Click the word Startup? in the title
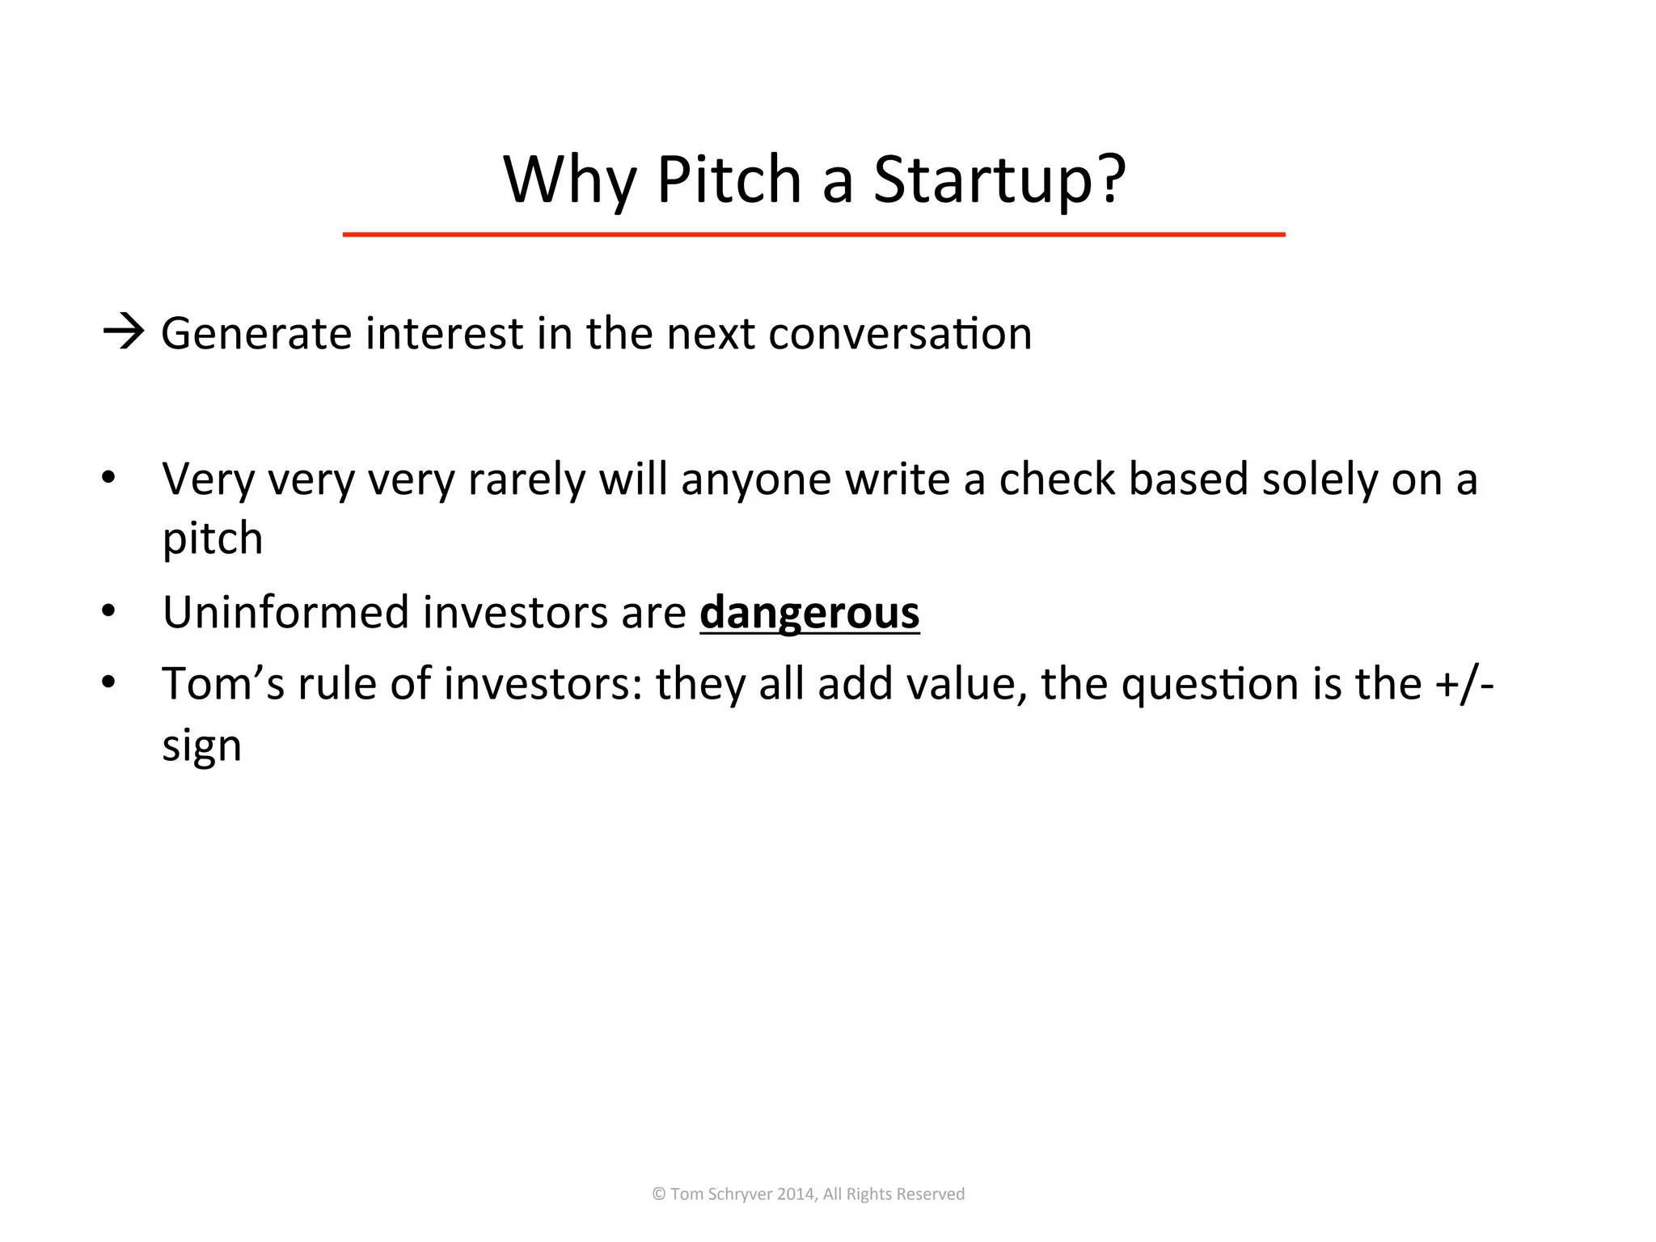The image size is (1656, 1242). tap(999, 180)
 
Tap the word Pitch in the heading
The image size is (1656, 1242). tap(729, 180)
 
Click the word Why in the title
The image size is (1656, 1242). tap(569, 180)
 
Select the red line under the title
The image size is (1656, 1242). tap(813, 234)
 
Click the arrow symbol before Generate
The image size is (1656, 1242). tap(124, 332)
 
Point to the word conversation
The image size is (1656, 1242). tap(900, 333)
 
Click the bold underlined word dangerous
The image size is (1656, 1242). tap(809, 612)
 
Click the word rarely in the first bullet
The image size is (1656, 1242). tap(526, 479)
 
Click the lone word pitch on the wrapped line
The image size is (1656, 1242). tap(213, 539)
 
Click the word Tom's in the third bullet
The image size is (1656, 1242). tap(223, 683)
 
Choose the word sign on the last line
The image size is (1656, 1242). tap(201, 746)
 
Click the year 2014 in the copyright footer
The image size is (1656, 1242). tap(795, 1194)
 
